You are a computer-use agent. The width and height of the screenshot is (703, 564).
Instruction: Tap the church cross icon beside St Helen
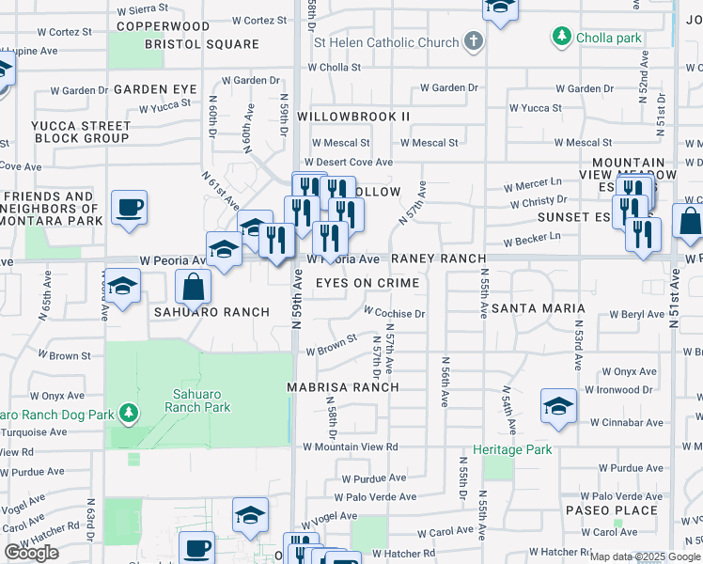click(475, 42)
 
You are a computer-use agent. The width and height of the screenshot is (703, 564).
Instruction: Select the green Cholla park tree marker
click(562, 37)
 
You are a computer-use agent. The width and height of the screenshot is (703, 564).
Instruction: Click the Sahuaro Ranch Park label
click(197, 400)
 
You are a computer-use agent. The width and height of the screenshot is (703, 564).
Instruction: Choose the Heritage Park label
click(512, 449)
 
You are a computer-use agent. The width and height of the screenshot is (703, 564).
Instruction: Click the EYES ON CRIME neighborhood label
click(367, 283)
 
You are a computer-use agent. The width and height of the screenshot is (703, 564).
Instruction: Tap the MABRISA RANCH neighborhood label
click(344, 387)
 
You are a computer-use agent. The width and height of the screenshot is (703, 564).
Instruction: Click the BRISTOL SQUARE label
click(202, 44)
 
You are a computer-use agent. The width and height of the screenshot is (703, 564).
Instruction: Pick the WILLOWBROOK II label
click(353, 117)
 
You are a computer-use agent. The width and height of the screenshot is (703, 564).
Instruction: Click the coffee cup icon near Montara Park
click(129, 207)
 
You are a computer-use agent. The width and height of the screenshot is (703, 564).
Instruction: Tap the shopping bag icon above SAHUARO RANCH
click(193, 287)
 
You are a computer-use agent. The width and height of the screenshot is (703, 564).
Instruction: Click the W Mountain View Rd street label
click(351, 447)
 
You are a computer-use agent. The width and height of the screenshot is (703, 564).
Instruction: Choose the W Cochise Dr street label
click(395, 313)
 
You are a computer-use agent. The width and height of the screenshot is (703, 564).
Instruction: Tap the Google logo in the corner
click(32, 553)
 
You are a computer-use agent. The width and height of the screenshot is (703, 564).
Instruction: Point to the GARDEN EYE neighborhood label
click(155, 89)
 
